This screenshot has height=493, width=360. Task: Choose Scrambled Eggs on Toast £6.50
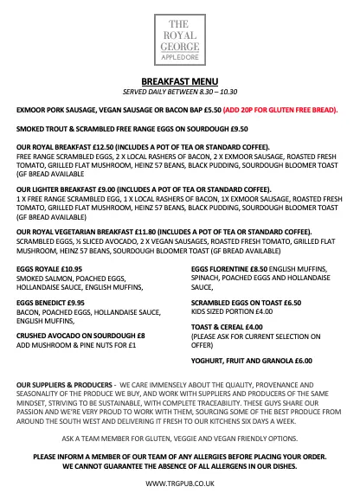247,303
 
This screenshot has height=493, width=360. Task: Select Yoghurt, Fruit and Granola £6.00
251,359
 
